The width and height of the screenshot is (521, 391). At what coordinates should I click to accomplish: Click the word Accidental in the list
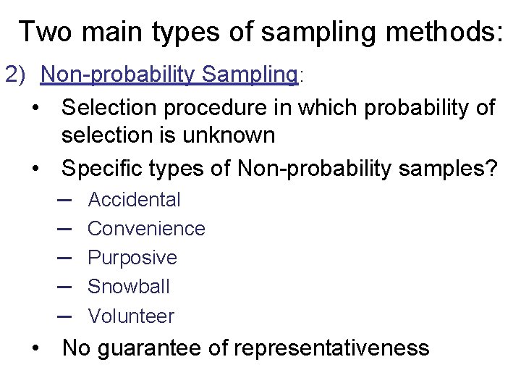[x=134, y=199]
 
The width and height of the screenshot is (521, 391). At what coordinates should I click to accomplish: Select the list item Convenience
[x=146, y=229]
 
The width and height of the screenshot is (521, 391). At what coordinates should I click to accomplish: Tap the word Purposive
[x=132, y=258]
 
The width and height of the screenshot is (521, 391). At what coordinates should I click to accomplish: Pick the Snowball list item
[x=129, y=287]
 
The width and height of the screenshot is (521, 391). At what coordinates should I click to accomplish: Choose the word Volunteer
[x=131, y=316]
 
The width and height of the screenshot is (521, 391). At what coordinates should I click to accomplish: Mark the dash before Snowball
[x=63, y=287]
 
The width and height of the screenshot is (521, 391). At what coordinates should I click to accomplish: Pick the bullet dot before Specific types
[x=35, y=169]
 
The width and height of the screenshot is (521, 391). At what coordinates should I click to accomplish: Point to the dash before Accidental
[x=63, y=199]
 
